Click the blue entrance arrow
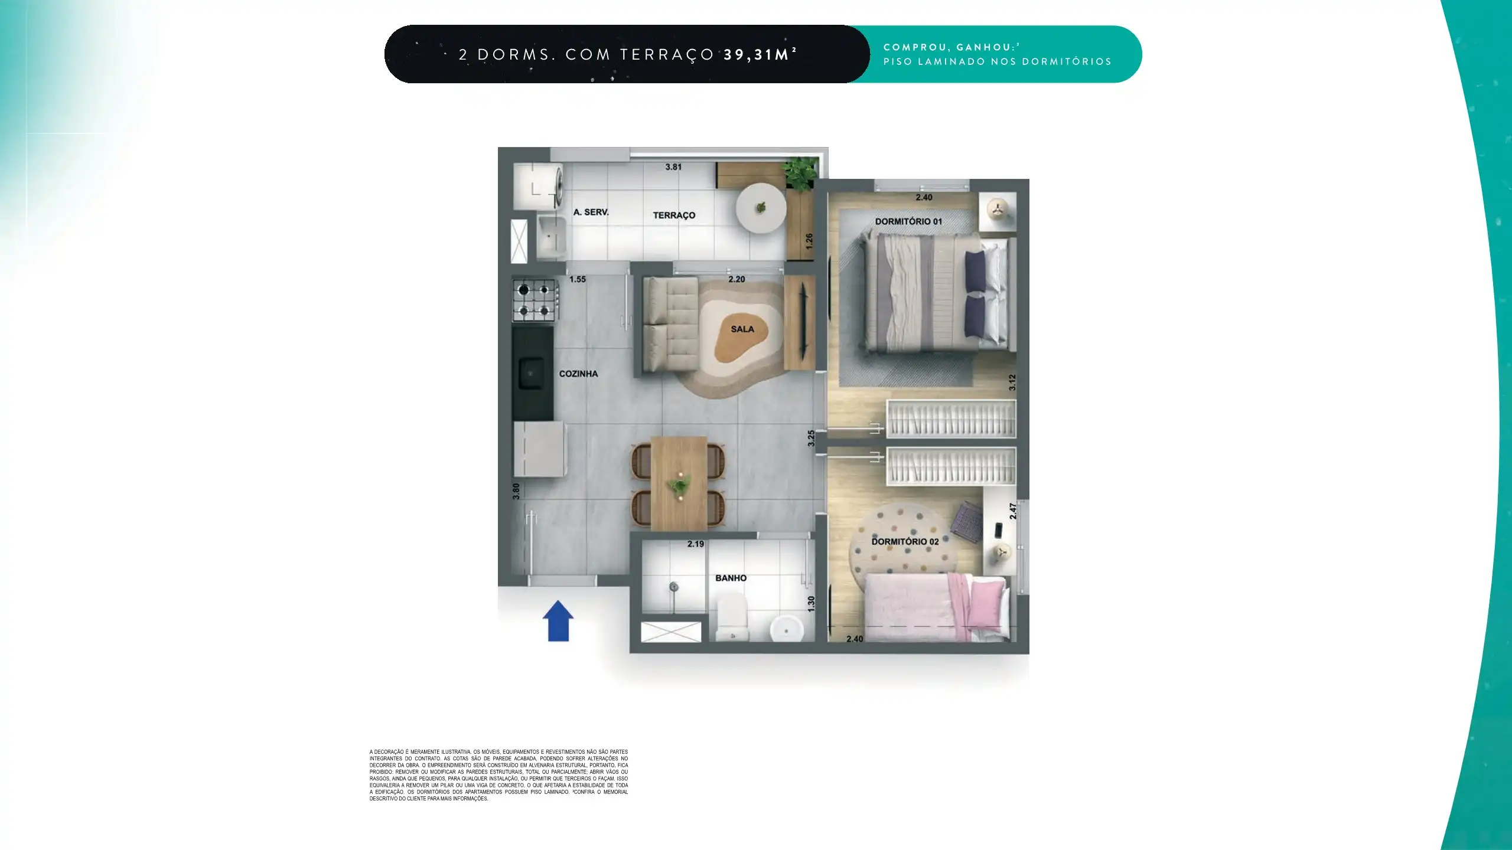[x=558, y=621]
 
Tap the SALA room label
[x=742, y=329]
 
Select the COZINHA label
[x=578, y=374]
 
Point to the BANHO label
[x=731, y=578]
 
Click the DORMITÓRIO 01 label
[x=908, y=221]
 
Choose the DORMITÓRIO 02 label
[x=905, y=541]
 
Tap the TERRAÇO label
[x=674, y=215]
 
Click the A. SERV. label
[x=591, y=212]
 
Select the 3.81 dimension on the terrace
[x=673, y=167]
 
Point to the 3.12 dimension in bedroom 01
[x=1012, y=382]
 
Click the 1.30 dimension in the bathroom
[x=811, y=604]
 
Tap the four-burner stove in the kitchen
[x=535, y=300]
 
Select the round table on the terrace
[x=761, y=208]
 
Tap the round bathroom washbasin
[x=787, y=629]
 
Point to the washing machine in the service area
[x=537, y=187]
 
